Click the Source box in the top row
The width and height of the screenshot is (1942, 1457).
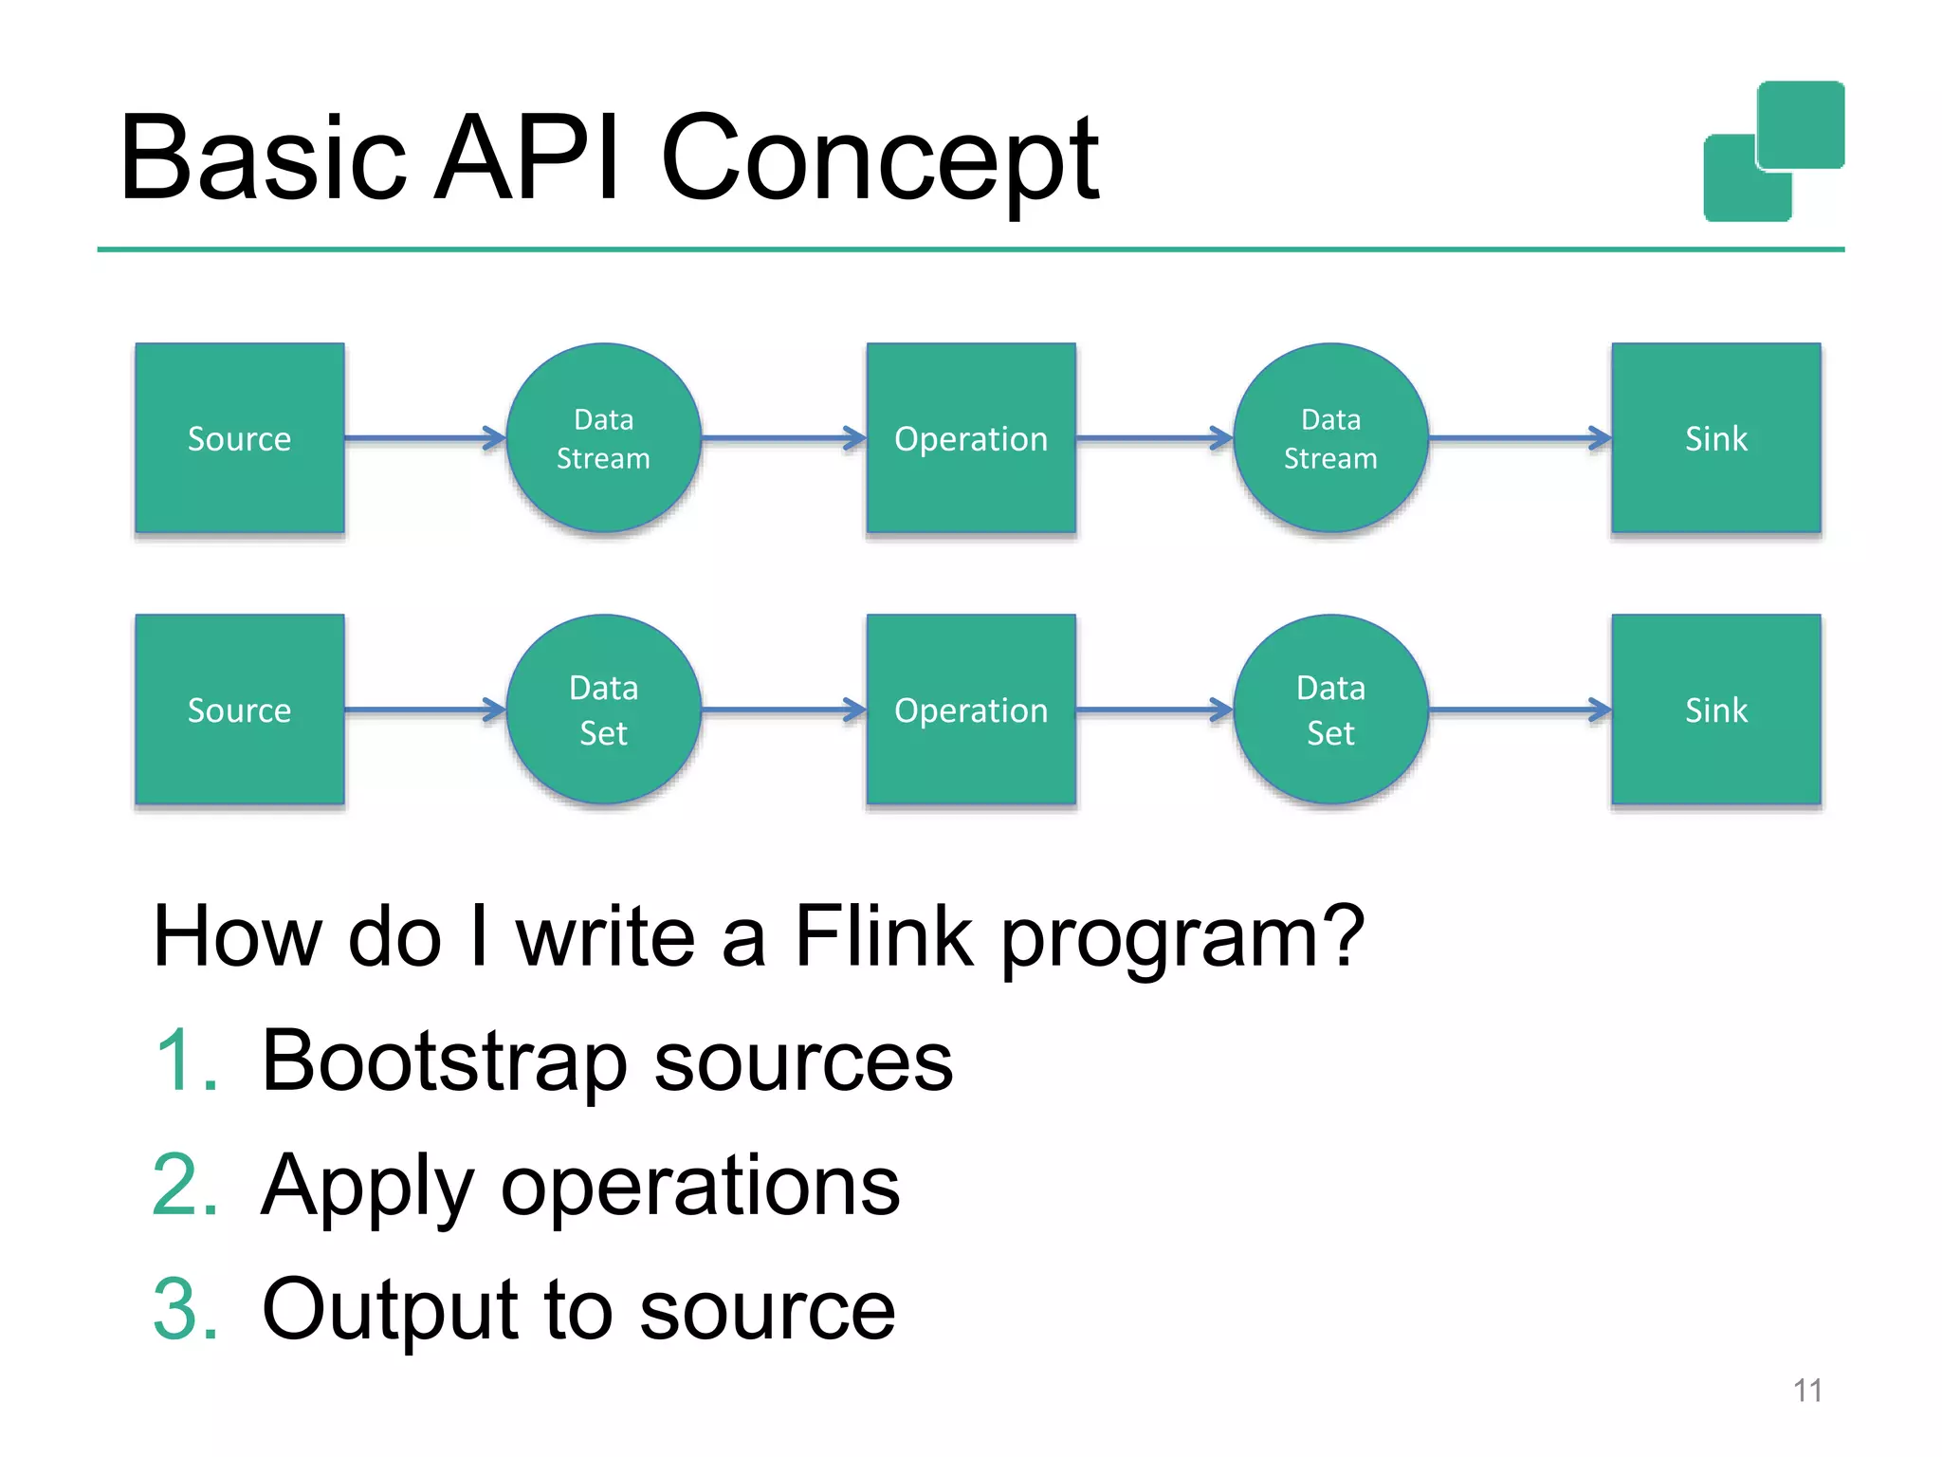(x=239, y=438)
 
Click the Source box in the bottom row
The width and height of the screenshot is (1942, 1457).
(x=239, y=710)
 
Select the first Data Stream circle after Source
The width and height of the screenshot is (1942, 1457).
(x=603, y=438)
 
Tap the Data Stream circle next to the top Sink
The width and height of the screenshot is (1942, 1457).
(x=1330, y=438)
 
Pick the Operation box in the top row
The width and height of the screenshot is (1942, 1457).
(x=971, y=438)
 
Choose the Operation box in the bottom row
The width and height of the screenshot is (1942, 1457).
(x=971, y=710)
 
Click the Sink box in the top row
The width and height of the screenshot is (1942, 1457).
(x=1715, y=438)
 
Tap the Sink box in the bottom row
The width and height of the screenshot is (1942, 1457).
(x=1715, y=710)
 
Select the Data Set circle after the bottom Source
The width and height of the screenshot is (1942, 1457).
(x=603, y=710)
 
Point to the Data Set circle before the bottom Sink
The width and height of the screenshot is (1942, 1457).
(x=1330, y=710)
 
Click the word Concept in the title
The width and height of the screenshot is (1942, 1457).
(x=879, y=159)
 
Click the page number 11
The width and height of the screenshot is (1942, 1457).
(x=1807, y=1391)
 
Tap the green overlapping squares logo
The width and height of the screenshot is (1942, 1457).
(x=1773, y=152)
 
